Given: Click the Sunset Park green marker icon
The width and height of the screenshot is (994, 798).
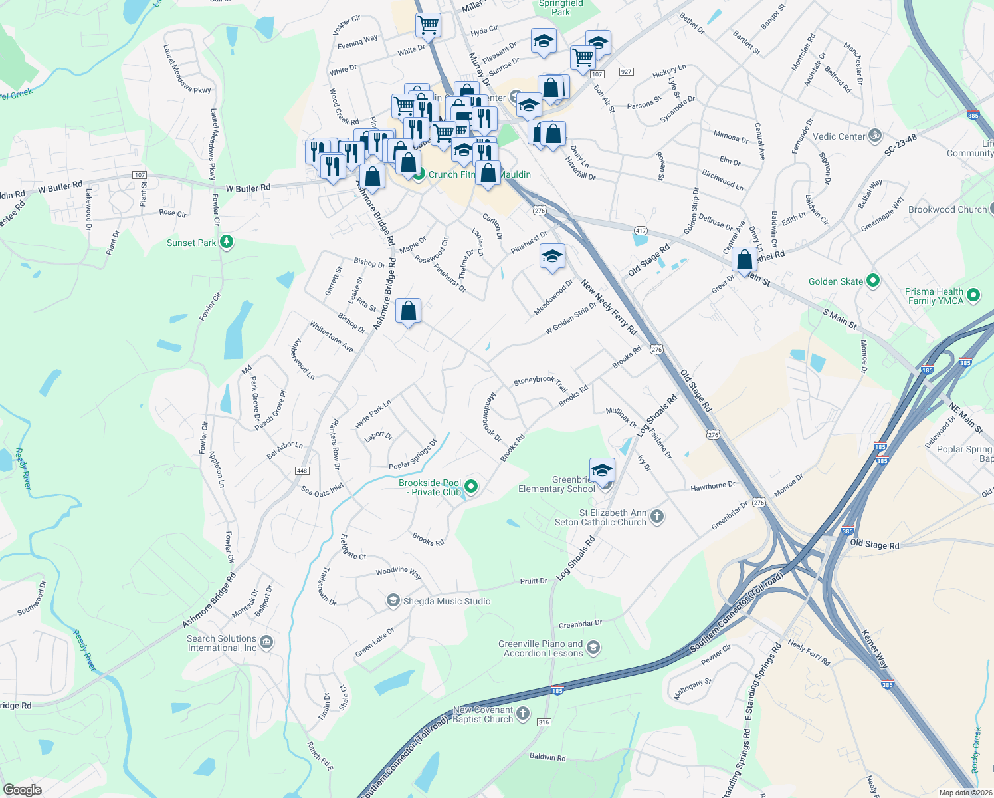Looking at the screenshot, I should pos(227,242).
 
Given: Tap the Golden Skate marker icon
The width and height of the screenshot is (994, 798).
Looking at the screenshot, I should pos(873,281).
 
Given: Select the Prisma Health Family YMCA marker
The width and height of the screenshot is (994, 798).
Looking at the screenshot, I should pos(973,295).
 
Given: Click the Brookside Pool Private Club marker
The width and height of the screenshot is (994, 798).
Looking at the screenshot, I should pos(471,487).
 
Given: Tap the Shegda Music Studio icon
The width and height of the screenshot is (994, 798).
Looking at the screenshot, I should pos(393,601).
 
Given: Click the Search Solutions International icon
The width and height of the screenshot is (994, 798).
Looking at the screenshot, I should pos(266,642).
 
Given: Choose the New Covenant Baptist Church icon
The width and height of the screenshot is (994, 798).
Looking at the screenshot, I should pos(523,714).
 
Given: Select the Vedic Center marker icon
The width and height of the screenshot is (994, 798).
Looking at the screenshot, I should pos(874,136).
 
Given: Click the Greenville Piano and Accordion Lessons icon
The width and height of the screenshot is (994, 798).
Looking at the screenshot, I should pos(593,648).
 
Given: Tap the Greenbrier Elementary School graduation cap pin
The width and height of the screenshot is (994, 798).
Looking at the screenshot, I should pos(602,471).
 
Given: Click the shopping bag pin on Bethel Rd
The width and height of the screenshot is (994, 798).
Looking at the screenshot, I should pos(745,259).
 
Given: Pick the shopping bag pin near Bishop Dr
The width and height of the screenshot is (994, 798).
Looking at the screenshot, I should pos(409,311).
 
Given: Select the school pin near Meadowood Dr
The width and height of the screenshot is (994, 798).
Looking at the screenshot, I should pos(552,257).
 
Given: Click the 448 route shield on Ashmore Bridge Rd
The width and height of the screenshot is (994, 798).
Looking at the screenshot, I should pos(302,471).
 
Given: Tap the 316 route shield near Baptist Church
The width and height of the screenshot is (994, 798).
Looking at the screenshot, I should pos(544,722).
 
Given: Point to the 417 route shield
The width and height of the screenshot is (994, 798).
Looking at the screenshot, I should pos(641,231).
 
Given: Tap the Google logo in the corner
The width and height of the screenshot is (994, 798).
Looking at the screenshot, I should pos(23,790).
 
